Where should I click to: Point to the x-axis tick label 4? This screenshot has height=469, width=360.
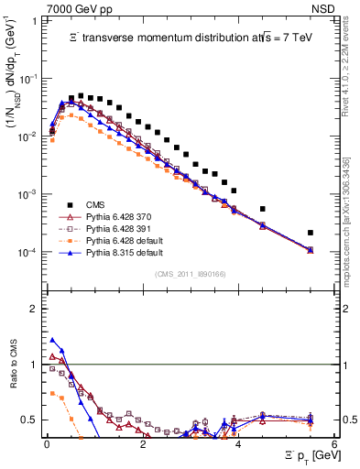pyautogui.click(x=239, y=442)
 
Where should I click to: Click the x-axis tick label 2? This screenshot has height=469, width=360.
pyautogui.click(x=143, y=442)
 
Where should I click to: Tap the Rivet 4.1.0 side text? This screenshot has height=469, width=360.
pyautogui.click(x=352, y=64)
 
